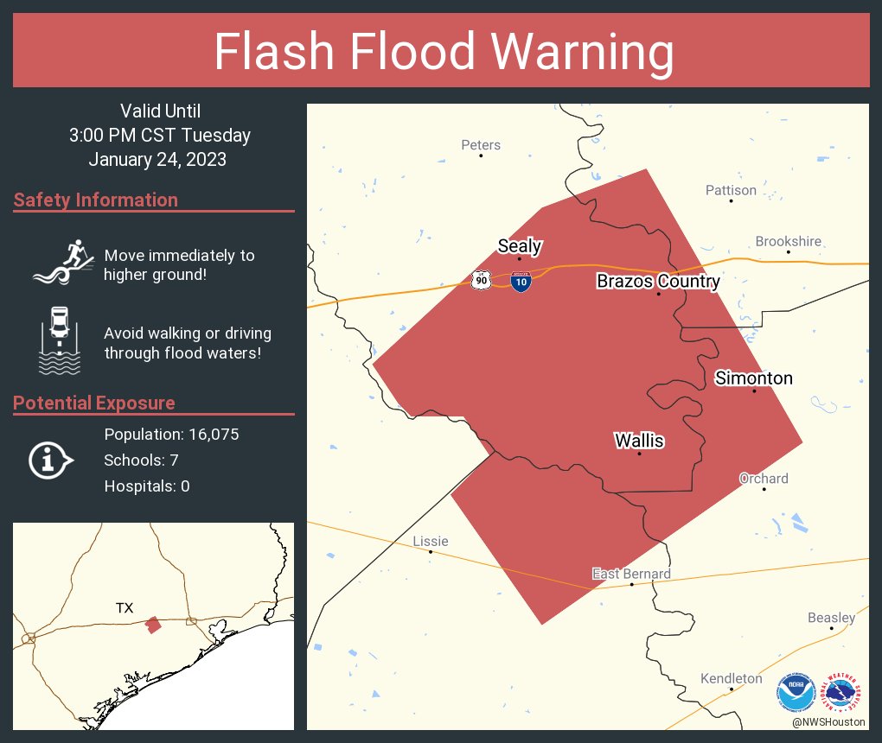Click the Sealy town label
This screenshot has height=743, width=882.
(x=520, y=246)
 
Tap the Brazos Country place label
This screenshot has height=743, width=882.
(x=658, y=282)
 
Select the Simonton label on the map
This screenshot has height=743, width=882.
(x=753, y=378)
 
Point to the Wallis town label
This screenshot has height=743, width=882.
(x=639, y=441)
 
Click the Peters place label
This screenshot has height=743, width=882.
(x=481, y=145)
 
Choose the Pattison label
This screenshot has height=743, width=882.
(x=731, y=190)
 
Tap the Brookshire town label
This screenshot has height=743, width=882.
(x=789, y=242)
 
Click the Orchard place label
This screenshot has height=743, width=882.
(x=764, y=479)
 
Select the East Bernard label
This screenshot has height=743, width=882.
(x=631, y=574)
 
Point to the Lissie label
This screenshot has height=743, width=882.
(x=431, y=541)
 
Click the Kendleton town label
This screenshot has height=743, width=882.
(x=732, y=678)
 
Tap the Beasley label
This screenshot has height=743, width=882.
(x=831, y=618)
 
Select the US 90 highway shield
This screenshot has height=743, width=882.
(x=481, y=280)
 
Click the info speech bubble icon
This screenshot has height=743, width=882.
(x=50, y=460)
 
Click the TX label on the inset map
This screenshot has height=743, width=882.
(x=125, y=608)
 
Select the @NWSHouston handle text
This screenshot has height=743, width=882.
(x=828, y=721)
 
